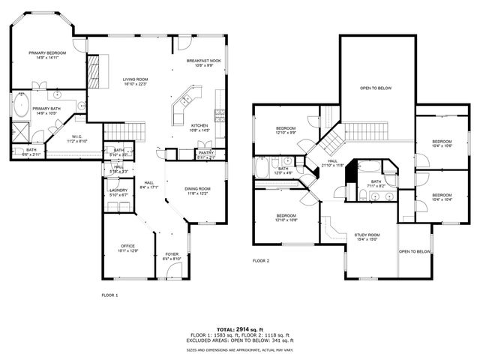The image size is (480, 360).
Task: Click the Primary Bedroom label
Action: point(47,53)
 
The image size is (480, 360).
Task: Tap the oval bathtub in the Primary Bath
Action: point(21,103)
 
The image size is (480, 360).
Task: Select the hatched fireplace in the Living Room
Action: point(93,72)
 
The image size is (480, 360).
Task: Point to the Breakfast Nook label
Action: point(204,60)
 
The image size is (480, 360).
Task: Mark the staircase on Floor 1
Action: point(122,133)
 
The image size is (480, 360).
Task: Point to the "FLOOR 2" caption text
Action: point(260,260)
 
